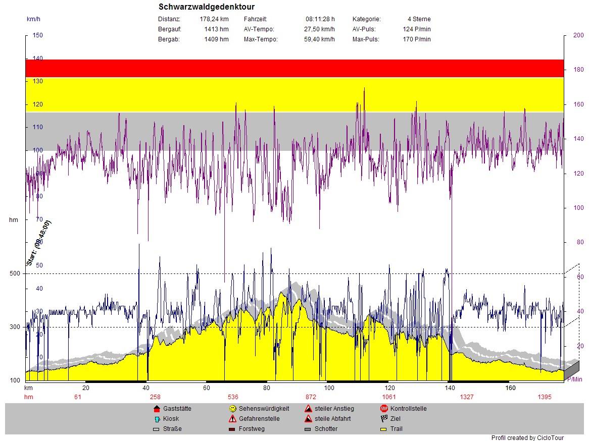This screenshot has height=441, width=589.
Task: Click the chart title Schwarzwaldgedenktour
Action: (206, 7)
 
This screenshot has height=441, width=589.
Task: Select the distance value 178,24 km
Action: (214, 19)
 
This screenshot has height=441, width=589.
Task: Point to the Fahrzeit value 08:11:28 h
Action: (320, 19)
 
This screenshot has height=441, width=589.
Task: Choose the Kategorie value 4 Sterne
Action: (419, 19)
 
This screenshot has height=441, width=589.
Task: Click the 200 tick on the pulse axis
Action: (578, 35)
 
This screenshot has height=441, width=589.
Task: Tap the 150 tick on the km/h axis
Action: (38, 35)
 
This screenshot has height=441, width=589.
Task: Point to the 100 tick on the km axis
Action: (329, 388)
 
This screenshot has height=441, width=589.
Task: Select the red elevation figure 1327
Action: (466, 397)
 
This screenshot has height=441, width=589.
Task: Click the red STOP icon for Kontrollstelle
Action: (384, 409)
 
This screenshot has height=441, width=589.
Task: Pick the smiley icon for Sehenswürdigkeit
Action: (232, 409)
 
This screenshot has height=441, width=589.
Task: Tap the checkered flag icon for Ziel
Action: (384, 419)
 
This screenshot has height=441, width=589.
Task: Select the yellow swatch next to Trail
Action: (384, 429)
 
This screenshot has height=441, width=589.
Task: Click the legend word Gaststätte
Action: (177, 409)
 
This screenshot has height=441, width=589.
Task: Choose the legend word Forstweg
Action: (252, 429)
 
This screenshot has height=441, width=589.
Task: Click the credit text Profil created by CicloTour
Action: (527, 438)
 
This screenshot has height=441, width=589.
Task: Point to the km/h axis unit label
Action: (34, 19)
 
